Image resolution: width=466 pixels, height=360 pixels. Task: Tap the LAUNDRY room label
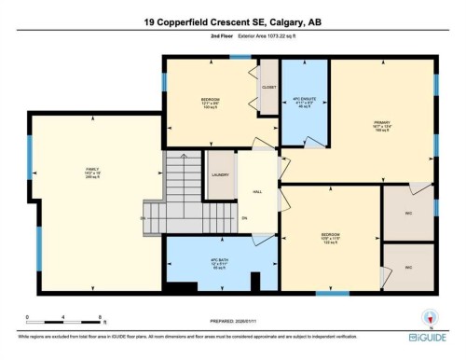click(221, 174)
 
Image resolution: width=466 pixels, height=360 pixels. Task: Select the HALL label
click(258, 194)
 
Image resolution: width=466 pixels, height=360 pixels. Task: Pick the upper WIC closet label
click(408, 214)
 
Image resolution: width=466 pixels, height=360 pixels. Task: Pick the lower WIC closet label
click(408, 268)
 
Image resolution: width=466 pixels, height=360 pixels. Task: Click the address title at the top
click(233, 21)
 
